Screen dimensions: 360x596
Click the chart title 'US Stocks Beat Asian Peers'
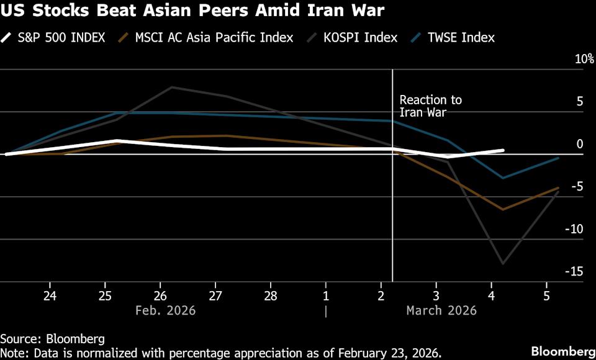coord(192,11)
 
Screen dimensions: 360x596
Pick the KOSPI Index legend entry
coord(354,37)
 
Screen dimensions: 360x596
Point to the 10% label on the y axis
coord(584,60)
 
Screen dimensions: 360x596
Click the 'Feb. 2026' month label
coord(165,310)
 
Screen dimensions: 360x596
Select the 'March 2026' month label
coord(441,310)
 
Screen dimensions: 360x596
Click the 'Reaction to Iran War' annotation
coord(430,106)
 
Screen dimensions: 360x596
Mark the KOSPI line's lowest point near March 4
coord(502,264)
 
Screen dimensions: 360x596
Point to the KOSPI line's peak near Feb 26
coord(172,87)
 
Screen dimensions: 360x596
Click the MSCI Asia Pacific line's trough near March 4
coord(502,210)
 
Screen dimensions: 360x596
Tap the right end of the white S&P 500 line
coord(502,150)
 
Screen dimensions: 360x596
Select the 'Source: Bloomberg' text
coord(52,339)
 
